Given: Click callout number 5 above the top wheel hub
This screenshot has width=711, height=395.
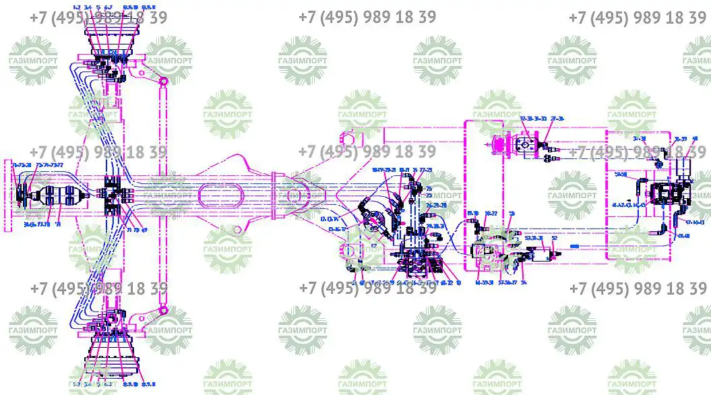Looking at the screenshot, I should (98, 7).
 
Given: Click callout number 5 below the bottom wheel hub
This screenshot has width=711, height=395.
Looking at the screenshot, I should (98, 385).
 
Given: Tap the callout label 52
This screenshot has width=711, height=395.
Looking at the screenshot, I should (554, 238).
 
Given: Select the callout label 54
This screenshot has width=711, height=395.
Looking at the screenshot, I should (524, 282).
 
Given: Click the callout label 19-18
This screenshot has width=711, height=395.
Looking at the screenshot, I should (473, 214).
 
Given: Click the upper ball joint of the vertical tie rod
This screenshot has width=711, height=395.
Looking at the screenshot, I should (163, 82).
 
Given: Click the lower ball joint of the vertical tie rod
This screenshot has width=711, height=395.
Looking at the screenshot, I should (163, 310).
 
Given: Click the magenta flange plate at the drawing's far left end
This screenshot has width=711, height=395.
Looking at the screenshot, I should (8, 195).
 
